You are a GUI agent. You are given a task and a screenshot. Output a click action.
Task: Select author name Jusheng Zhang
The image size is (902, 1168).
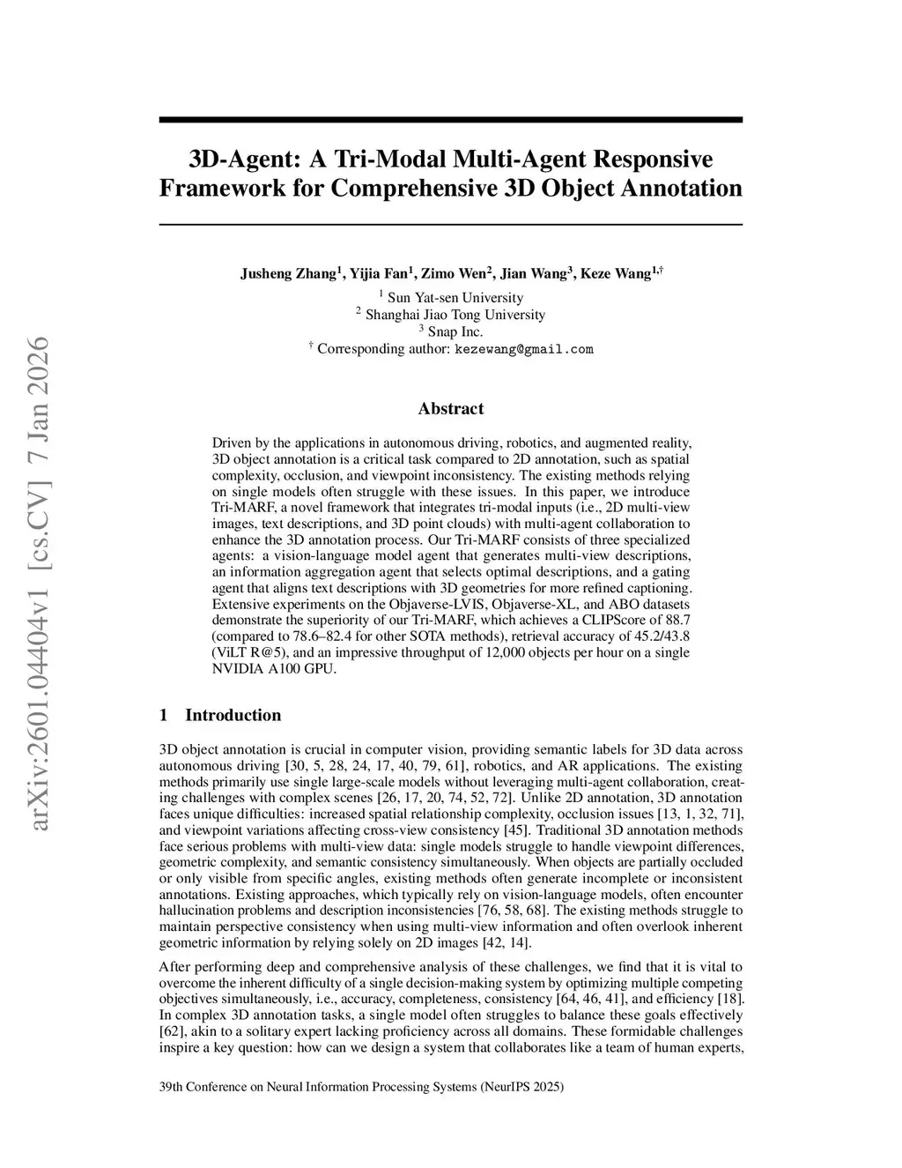[288, 274]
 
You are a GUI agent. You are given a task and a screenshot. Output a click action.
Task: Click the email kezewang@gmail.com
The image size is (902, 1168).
[523, 349]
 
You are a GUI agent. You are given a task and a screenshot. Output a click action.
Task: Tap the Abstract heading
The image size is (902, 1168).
[450, 408]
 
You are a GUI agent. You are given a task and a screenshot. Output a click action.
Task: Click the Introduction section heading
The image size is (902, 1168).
[233, 715]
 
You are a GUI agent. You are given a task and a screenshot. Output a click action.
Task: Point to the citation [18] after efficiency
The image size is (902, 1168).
[729, 999]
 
